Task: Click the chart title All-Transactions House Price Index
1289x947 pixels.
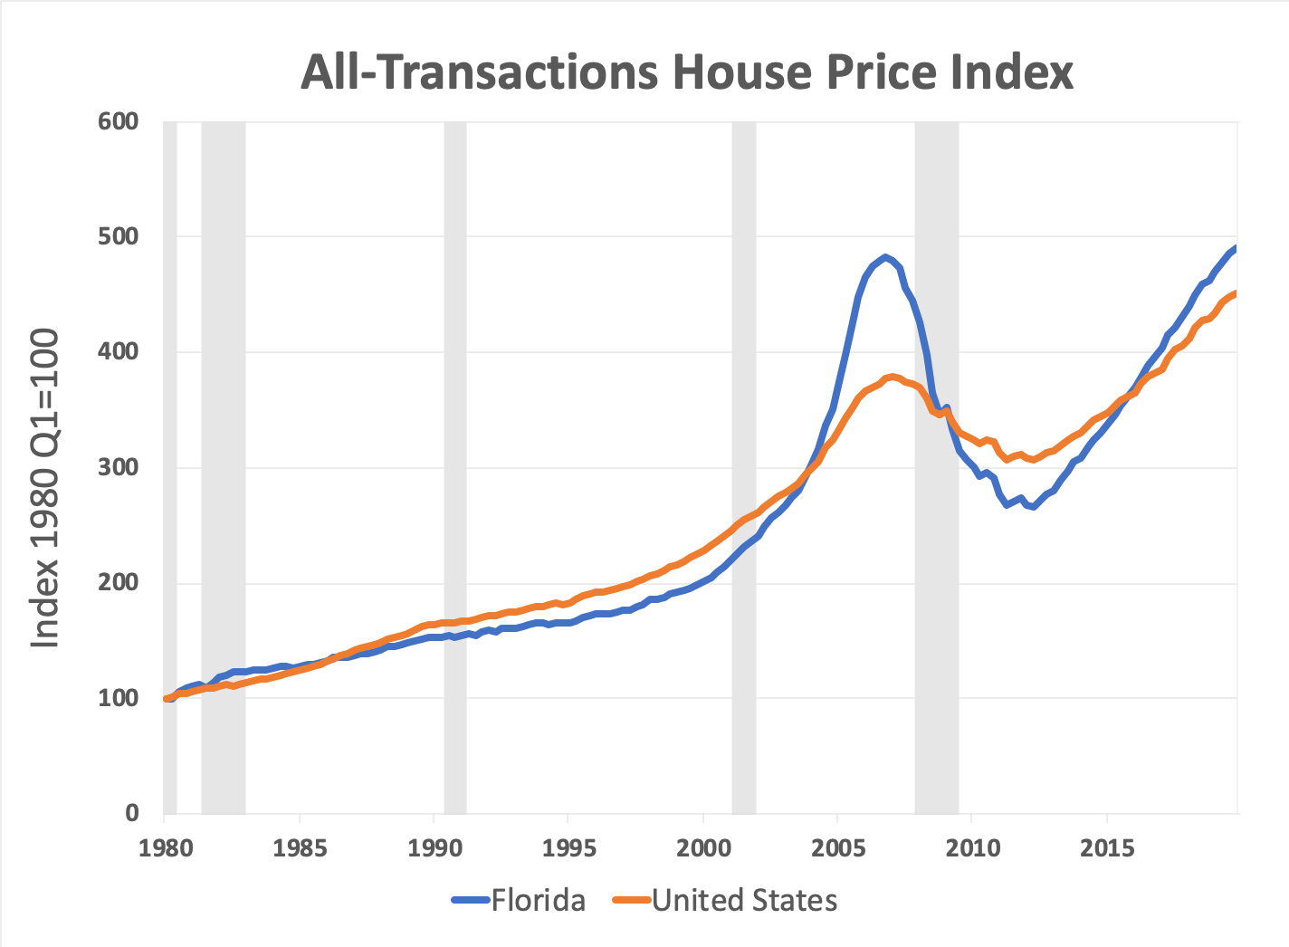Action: (687, 72)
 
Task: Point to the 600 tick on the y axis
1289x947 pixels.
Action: (119, 121)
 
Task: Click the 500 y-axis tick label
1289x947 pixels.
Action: (119, 236)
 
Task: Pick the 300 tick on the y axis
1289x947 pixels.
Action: (119, 467)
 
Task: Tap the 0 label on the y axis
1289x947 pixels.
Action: (132, 813)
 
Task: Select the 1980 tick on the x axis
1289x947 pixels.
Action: (165, 848)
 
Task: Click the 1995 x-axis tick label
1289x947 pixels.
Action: (568, 848)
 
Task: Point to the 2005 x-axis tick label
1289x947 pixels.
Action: (837, 848)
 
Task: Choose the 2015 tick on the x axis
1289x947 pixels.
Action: (1107, 848)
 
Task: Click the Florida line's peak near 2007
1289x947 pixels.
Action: (885, 257)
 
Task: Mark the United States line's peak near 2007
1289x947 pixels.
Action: (893, 377)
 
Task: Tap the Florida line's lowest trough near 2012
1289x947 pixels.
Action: (1034, 507)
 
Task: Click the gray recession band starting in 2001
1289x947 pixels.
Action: (744, 453)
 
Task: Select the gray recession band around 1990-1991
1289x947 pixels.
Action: (455, 453)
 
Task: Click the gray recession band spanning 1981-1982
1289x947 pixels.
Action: (224, 453)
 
